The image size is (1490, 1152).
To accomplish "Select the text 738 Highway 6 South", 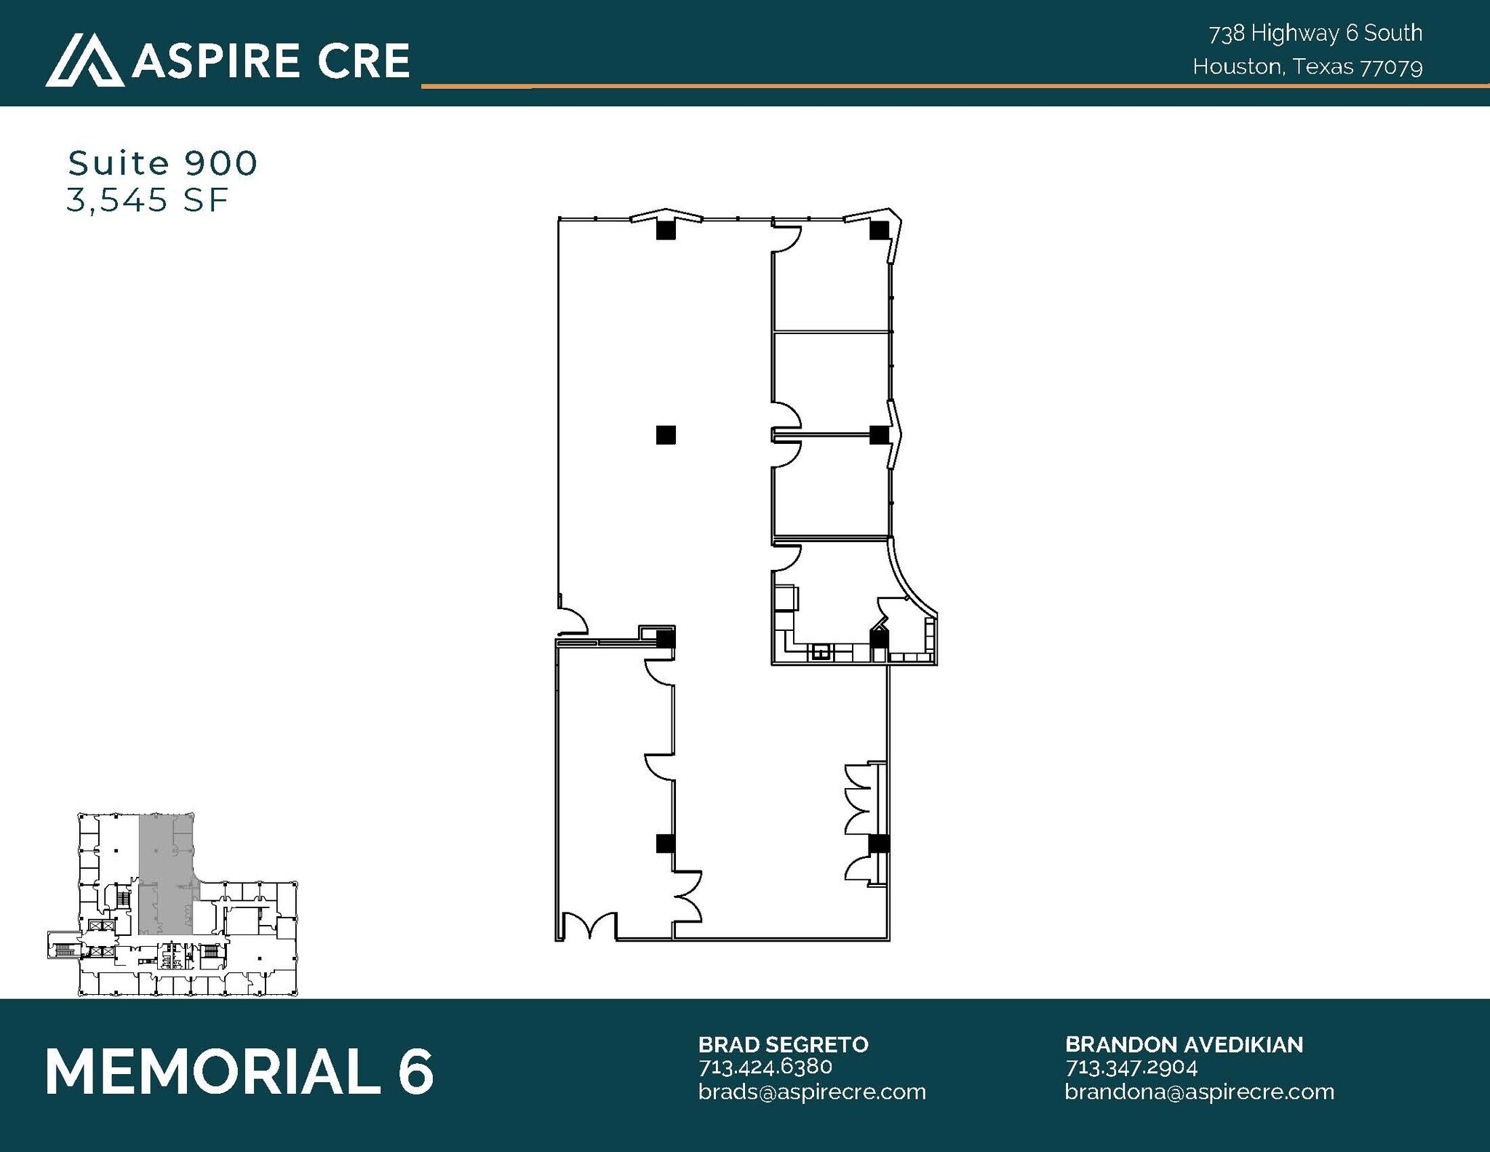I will click(x=1315, y=33).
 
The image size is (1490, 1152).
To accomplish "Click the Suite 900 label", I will click(x=163, y=163).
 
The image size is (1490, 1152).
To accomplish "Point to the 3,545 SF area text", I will click(x=148, y=200).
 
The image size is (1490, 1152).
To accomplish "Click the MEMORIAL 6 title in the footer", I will click(x=239, y=1071).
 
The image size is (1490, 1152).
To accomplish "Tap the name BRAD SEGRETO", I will click(x=783, y=1044).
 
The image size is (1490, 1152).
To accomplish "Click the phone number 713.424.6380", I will click(x=765, y=1067).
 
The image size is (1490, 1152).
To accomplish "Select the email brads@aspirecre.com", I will click(x=811, y=1092).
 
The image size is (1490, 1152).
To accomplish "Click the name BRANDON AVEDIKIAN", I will click(x=1184, y=1044).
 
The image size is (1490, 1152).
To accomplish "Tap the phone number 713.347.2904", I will click(x=1131, y=1068).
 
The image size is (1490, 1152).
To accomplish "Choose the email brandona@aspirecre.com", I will click(x=1199, y=1092).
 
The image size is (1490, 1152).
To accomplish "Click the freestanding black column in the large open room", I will click(x=666, y=435).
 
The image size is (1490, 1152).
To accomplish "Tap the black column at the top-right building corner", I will click(x=879, y=231).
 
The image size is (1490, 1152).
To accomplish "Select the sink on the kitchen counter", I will click(x=821, y=652).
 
